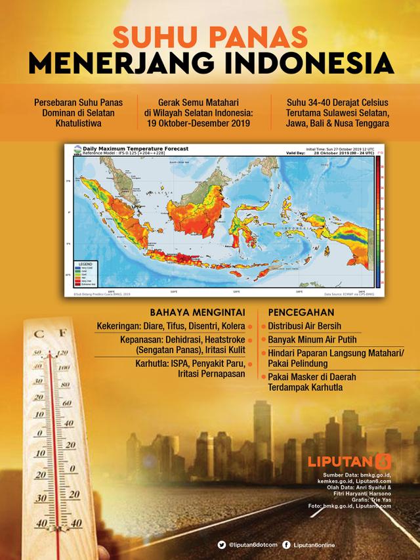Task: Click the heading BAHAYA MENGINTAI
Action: click(192, 311)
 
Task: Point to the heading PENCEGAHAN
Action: click(298, 311)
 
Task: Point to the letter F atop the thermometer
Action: click(63, 334)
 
